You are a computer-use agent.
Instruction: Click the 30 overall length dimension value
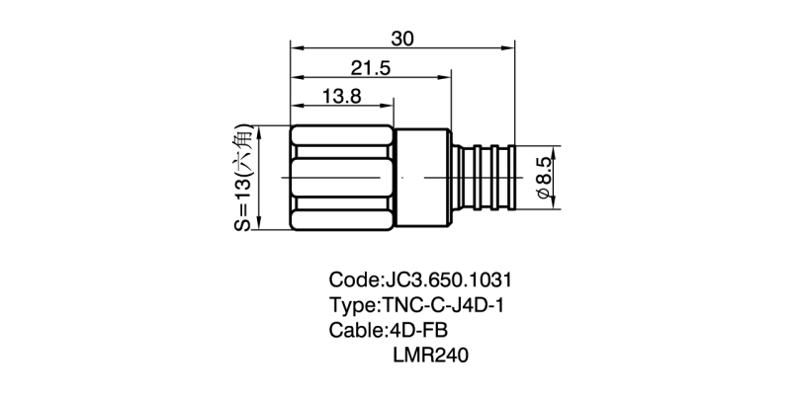point(402,39)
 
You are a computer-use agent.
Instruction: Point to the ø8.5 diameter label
point(543,178)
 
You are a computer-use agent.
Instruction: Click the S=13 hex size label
point(242,178)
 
